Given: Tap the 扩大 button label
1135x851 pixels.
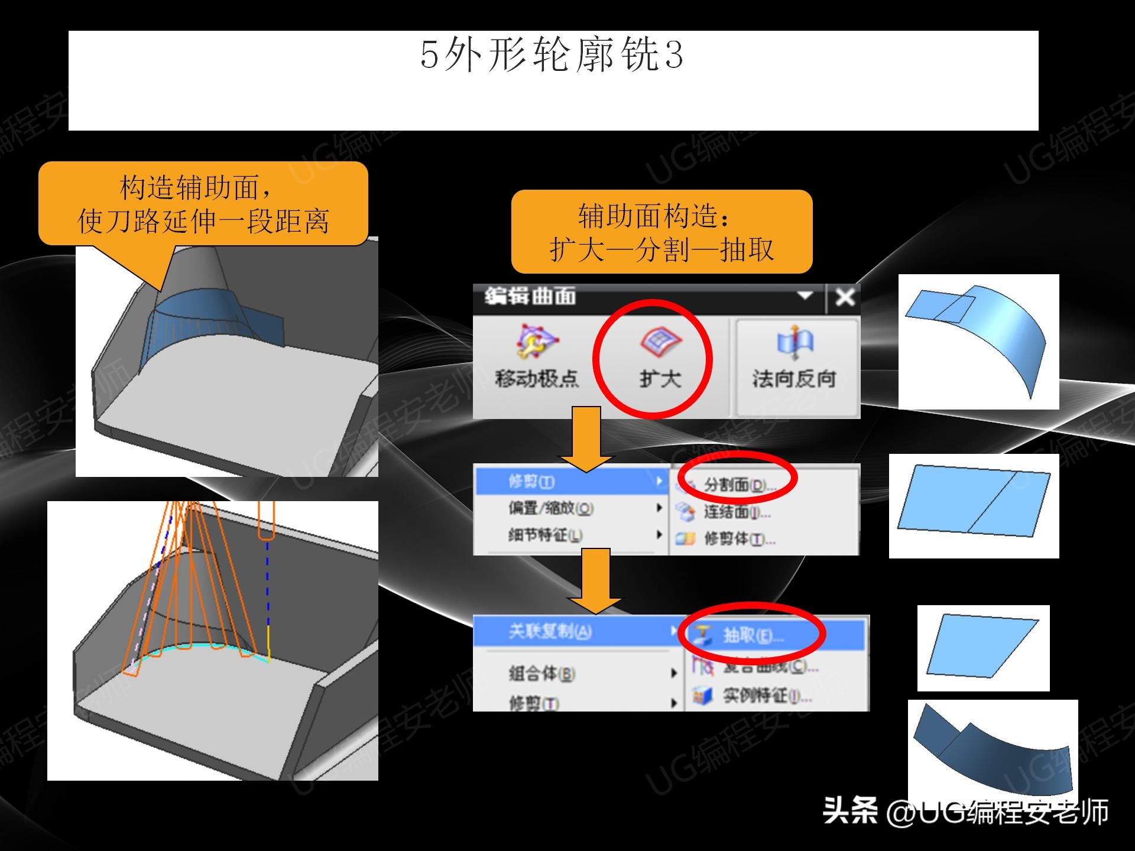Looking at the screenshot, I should click(660, 378).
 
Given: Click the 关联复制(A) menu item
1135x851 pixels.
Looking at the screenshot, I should click(550, 632).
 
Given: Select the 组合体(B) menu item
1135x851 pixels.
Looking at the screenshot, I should click(541, 673).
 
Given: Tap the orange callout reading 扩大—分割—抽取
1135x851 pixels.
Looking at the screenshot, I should click(661, 232).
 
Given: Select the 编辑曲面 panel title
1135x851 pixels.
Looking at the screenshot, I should click(530, 296).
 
